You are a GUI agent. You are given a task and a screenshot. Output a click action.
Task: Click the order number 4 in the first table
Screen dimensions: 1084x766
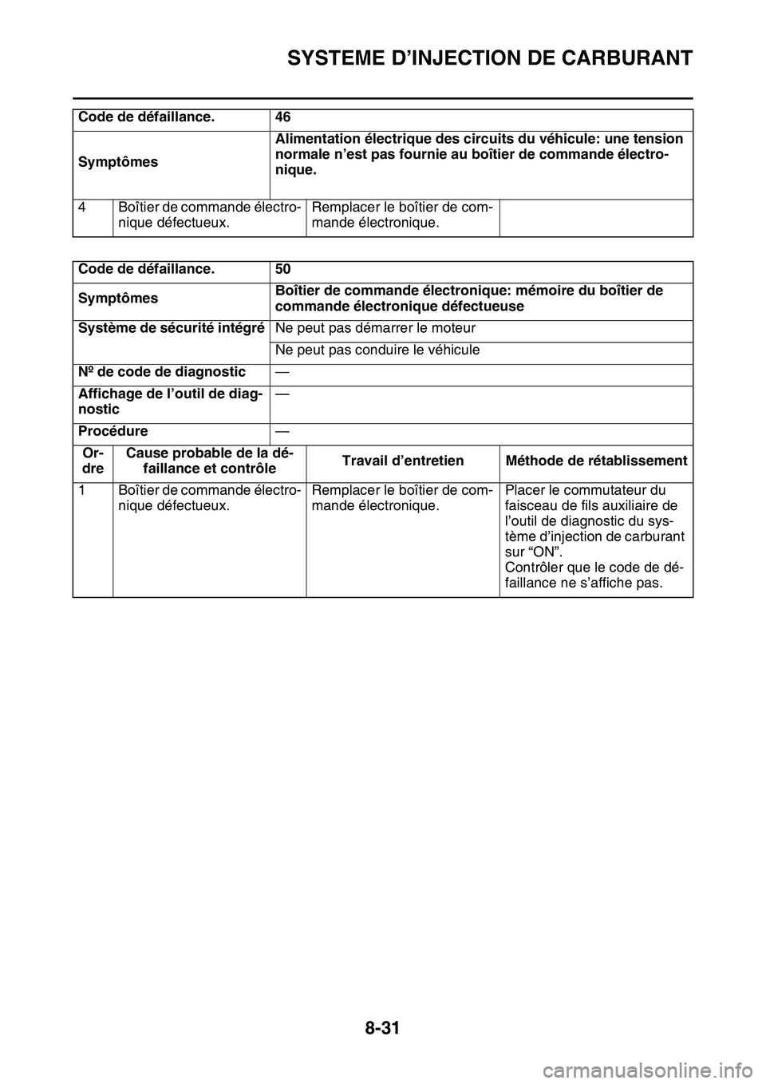click(x=82, y=207)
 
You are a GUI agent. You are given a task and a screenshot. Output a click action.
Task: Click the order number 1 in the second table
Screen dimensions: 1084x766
click(x=82, y=490)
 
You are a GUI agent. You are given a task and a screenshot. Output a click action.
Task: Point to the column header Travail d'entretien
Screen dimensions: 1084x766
click(x=402, y=461)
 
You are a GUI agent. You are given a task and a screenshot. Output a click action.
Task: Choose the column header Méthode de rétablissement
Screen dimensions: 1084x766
click(x=596, y=461)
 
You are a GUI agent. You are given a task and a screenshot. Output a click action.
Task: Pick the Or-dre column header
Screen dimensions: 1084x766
click(x=93, y=461)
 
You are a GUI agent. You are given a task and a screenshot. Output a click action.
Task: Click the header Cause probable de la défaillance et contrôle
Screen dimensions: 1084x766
click(x=209, y=461)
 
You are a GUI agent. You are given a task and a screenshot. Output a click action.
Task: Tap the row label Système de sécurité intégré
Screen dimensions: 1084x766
click(x=172, y=328)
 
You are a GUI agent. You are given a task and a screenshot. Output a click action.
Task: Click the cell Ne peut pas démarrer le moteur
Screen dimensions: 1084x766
click(x=376, y=328)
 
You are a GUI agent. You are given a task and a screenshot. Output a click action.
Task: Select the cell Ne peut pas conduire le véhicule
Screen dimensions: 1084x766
click(x=377, y=350)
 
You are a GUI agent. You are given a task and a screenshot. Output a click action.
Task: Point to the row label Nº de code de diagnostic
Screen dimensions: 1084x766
click(x=162, y=371)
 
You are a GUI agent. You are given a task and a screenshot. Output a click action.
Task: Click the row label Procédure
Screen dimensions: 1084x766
click(x=113, y=431)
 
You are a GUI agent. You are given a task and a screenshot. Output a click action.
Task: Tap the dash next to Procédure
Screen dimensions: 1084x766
click(x=282, y=431)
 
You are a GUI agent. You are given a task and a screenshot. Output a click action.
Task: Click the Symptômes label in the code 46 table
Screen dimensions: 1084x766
click(x=118, y=162)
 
